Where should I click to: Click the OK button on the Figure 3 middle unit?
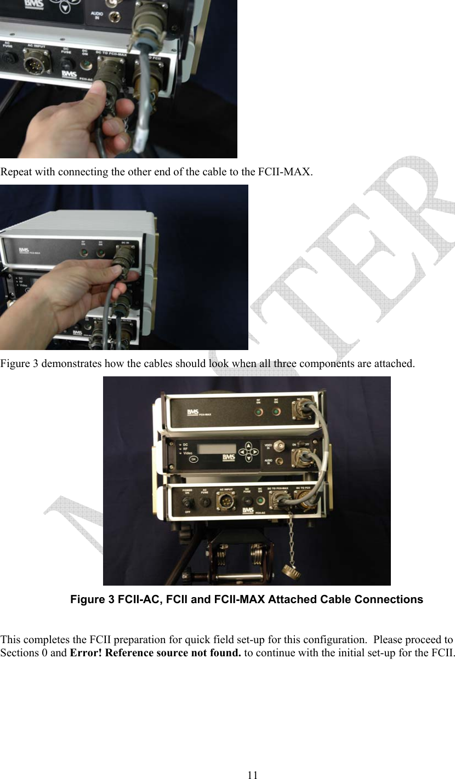coord(193,460)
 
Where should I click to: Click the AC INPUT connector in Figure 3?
coord(225,501)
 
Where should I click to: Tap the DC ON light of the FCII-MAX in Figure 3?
coord(277,412)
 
